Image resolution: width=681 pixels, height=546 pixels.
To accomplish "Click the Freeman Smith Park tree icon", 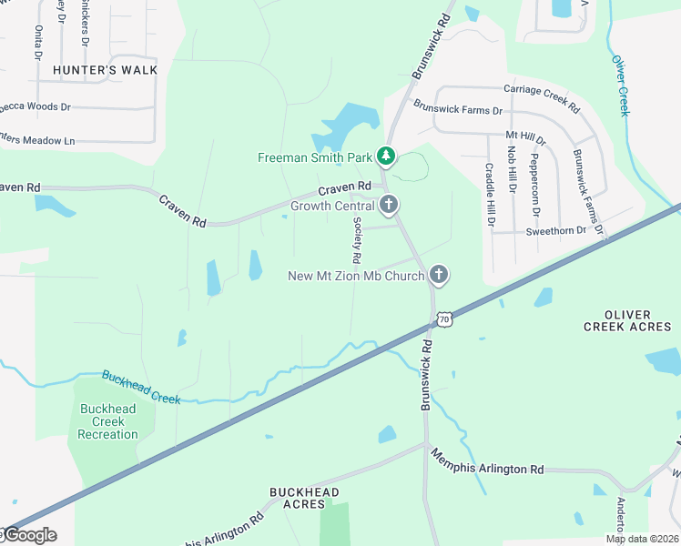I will [x=386, y=157].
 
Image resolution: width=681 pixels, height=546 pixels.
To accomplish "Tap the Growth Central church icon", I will [x=389, y=205].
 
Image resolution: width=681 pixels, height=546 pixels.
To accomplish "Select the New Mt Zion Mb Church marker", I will [x=439, y=275].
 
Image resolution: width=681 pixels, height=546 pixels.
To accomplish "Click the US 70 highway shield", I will [x=443, y=318].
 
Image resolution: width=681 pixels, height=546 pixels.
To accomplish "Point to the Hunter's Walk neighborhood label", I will [x=105, y=70].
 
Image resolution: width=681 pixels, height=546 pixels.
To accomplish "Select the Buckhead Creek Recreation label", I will [x=108, y=421].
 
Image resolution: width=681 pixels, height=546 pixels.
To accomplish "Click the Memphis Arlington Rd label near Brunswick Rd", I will [x=487, y=461].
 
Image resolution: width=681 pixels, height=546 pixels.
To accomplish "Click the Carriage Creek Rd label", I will [x=542, y=97].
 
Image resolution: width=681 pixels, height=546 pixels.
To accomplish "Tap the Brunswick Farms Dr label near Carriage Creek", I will [x=458, y=110].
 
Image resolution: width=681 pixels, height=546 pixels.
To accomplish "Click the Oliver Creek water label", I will [x=620, y=86].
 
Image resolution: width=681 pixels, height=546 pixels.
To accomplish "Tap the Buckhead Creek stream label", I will [x=141, y=387].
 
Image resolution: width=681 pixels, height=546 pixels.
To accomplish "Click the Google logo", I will [x=29, y=535].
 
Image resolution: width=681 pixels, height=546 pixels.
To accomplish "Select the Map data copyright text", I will [x=643, y=539].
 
